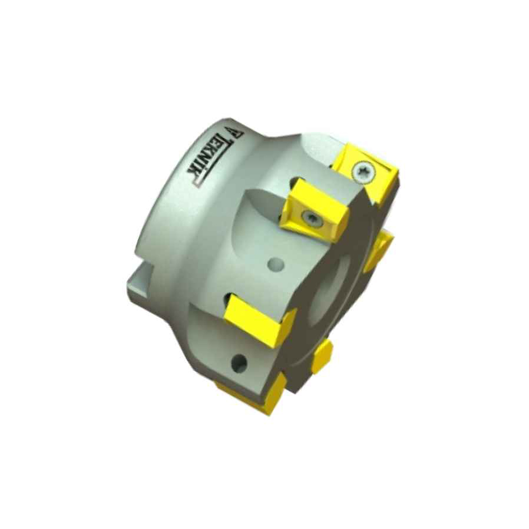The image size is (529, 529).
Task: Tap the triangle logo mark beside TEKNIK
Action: point(233,132)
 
